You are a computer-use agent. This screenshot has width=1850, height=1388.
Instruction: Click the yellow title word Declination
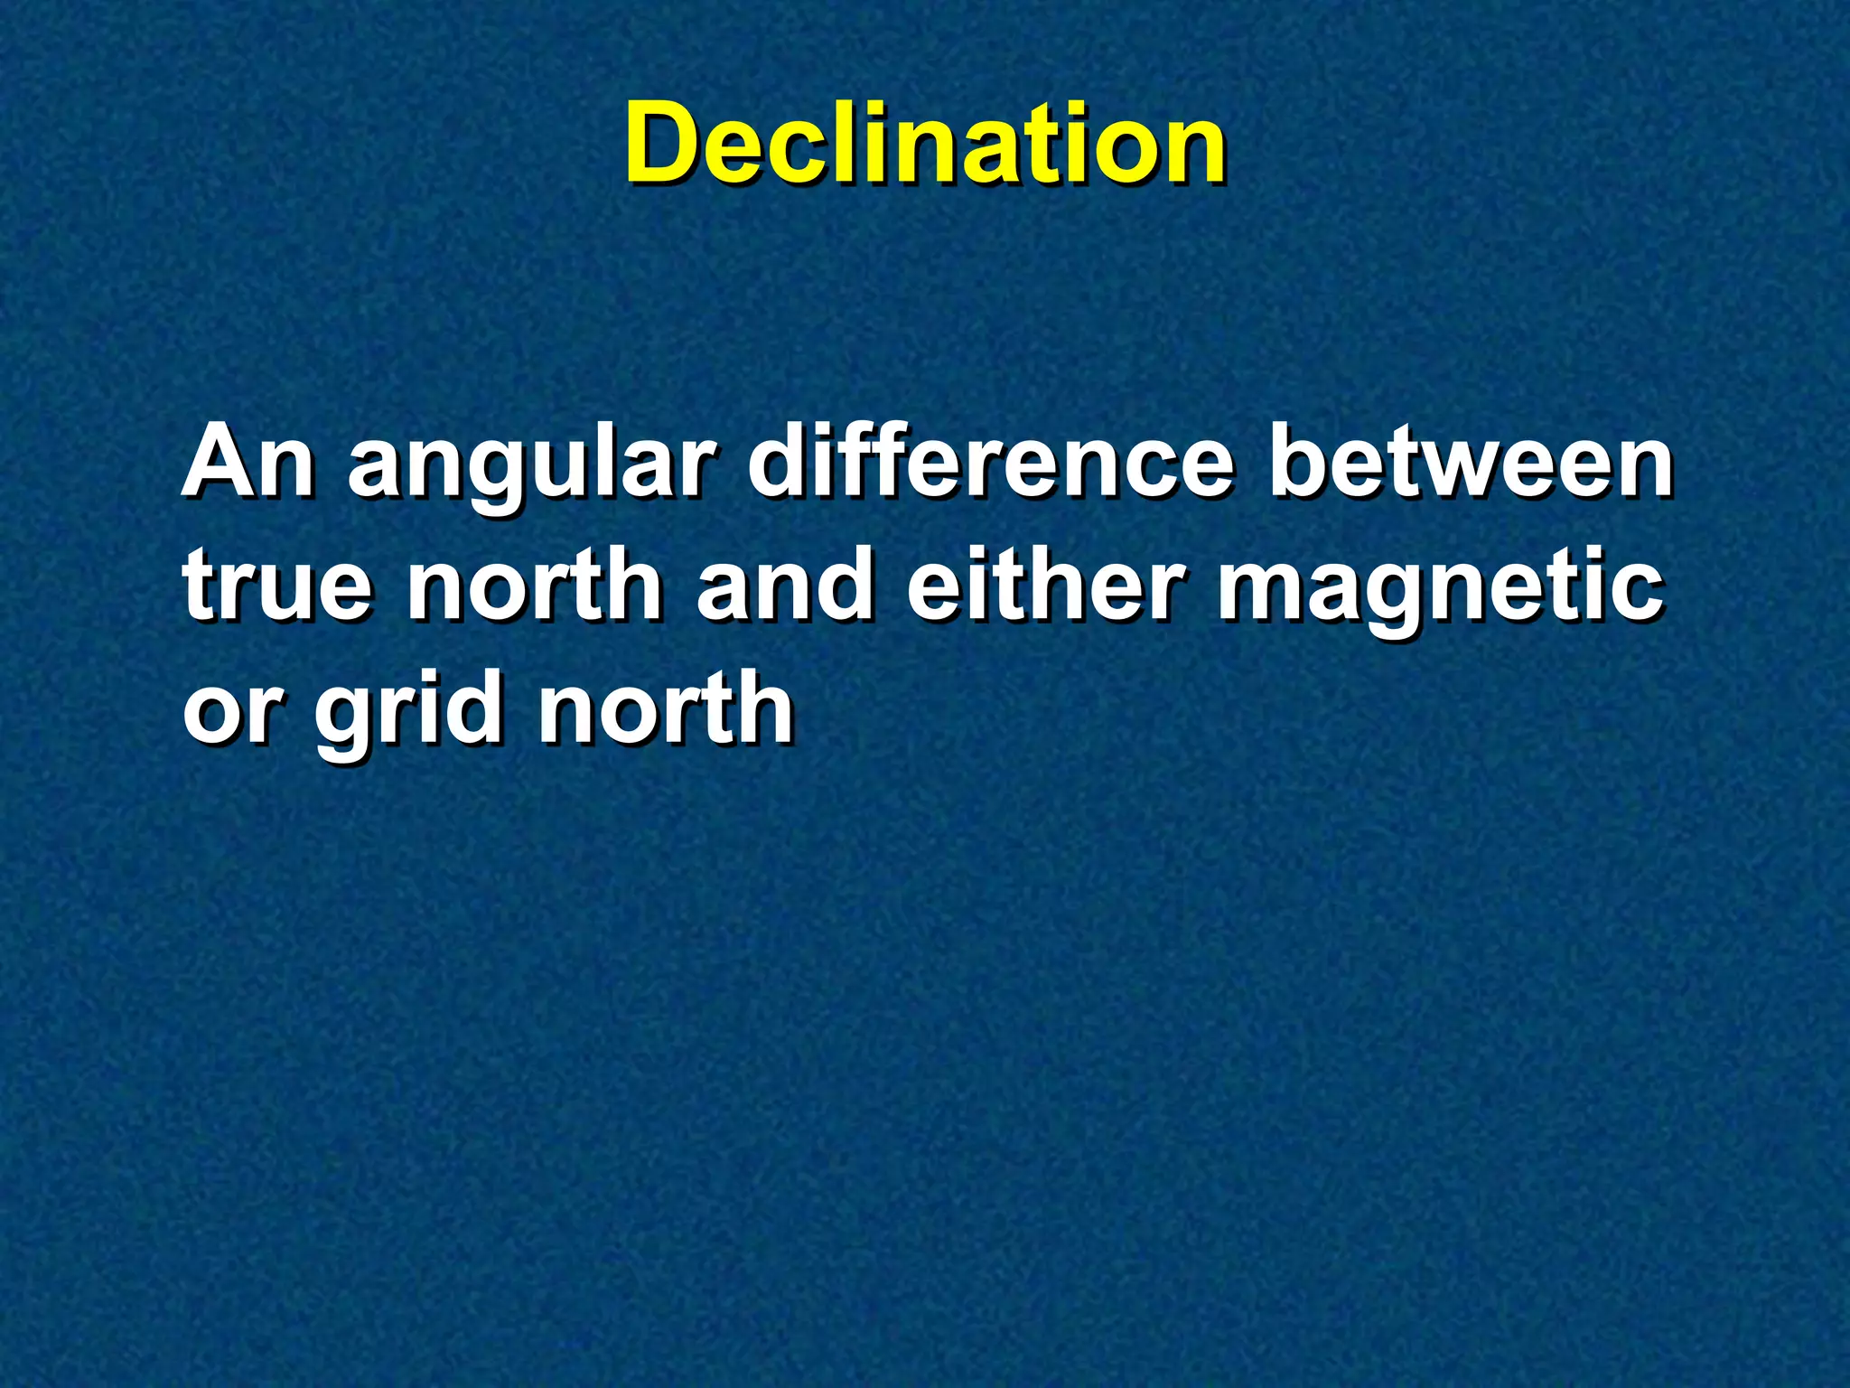coord(925,145)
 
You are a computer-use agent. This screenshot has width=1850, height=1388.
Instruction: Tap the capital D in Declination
coord(666,145)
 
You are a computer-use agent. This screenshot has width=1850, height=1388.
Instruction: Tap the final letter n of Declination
coord(1193,152)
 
